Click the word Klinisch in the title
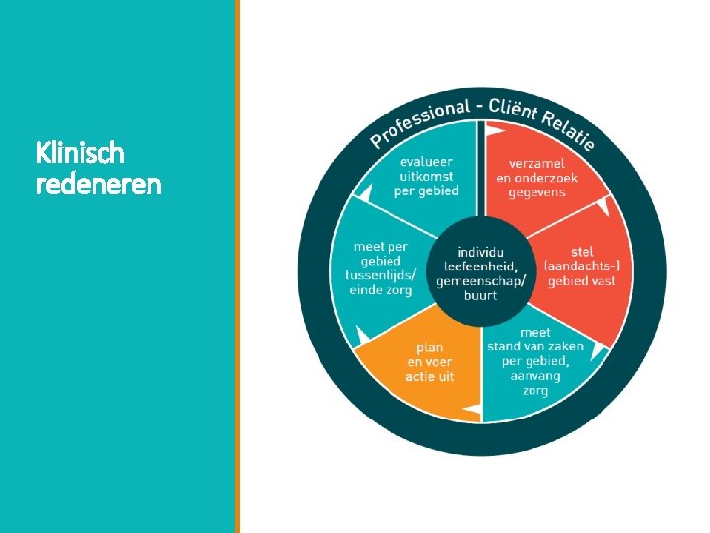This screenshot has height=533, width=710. click(81, 153)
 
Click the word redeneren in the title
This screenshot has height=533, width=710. click(98, 184)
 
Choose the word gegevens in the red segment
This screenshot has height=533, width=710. click(537, 191)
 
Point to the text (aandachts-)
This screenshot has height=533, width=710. click(583, 266)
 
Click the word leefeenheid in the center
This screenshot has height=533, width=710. click(481, 266)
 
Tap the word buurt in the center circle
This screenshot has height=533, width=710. click(481, 295)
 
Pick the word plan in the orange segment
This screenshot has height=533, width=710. click(429, 347)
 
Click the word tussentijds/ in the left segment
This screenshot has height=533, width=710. click(383, 274)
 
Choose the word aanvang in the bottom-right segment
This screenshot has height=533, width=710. click(535, 377)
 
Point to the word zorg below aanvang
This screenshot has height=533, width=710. click(535, 391)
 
